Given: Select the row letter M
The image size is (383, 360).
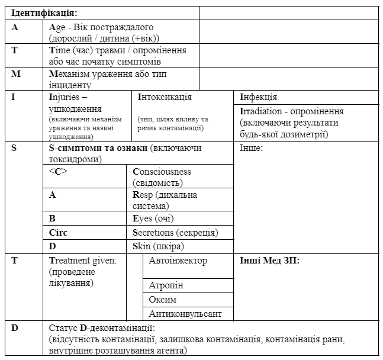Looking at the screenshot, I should [x=15, y=73].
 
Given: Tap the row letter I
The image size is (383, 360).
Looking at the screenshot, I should [x=14, y=97].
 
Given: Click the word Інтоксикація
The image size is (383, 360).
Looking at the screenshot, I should [x=165, y=97].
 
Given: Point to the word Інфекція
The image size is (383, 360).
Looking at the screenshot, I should [x=259, y=97].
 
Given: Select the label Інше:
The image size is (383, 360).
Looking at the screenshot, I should [x=251, y=147].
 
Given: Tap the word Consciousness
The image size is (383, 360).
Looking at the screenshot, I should [x=162, y=172].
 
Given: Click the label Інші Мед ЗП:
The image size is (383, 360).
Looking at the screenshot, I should [x=269, y=261].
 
